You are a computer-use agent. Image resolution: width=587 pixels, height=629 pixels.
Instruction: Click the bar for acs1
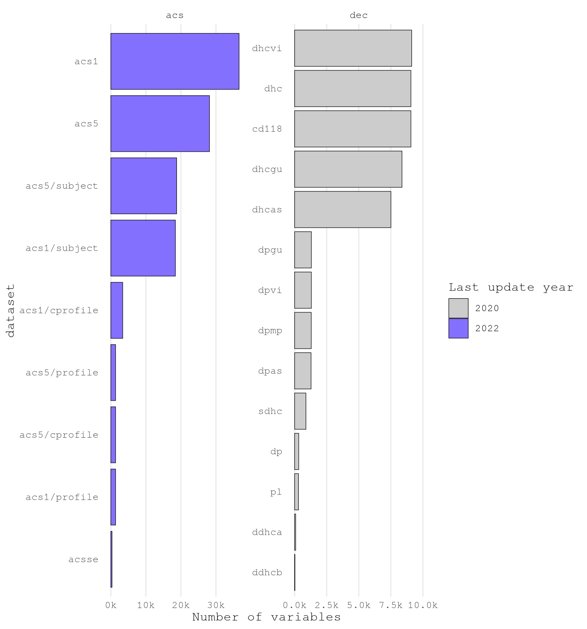click(x=175, y=61)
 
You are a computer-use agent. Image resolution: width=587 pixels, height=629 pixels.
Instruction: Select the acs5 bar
click(x=160, y=124)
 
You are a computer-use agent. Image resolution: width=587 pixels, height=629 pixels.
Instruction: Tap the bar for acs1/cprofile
click(x=117, y=310)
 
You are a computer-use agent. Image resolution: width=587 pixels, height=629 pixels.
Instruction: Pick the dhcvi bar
click(x=353, y=48)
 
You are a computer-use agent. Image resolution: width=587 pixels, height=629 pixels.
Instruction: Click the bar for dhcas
click(x=342, y=209)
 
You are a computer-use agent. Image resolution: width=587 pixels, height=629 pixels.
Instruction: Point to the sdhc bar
click(x=300, y=411)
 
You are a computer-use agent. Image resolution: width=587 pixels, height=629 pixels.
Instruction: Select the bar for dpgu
click(x=303, y=250)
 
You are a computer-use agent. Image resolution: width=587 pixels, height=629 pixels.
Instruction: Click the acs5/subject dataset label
click(x=62, y=186)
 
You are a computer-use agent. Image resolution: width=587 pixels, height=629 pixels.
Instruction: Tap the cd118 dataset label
click(x=267, y=129)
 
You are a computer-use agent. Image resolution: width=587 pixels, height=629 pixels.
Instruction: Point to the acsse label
click(x=83, y=560)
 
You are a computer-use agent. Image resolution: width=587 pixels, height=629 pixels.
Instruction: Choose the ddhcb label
click(x=267, y=573)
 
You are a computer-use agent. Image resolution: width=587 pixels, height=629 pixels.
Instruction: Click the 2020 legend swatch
click(x=458, y=308)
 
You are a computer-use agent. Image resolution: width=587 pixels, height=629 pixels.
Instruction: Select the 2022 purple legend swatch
click(x=458, y=328)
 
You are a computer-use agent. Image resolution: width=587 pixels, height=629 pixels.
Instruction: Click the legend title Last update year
click(x=511, y=287)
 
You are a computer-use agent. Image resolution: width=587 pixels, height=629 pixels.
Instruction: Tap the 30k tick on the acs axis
click(x=216, y=605)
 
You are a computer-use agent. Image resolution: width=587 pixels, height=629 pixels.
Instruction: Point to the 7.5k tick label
click(x=391, y=605)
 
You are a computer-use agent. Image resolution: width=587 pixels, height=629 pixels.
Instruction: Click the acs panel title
click(x=175, y=15)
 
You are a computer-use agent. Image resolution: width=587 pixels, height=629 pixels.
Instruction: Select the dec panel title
click(x=359, y=15)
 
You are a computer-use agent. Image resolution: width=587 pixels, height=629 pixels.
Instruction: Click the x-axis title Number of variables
click(x=266, y=617)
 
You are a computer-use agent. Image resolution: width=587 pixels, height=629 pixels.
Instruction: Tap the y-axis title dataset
click(x=10, y=310)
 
